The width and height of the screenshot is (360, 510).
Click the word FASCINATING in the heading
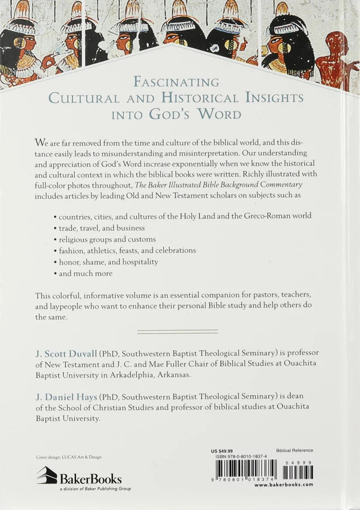click(x=176, y=82)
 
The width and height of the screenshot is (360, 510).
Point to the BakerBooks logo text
click(x=89, y=479)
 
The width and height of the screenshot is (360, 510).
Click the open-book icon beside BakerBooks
click(x=47, y=476)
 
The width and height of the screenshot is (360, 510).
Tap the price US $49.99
click(x=222, y=451)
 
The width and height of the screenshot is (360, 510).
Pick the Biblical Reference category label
click(x=295, y=451)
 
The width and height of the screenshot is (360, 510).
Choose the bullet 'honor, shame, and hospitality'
click(x=106, y=262)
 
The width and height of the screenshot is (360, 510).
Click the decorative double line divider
click(x=177, y=331)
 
